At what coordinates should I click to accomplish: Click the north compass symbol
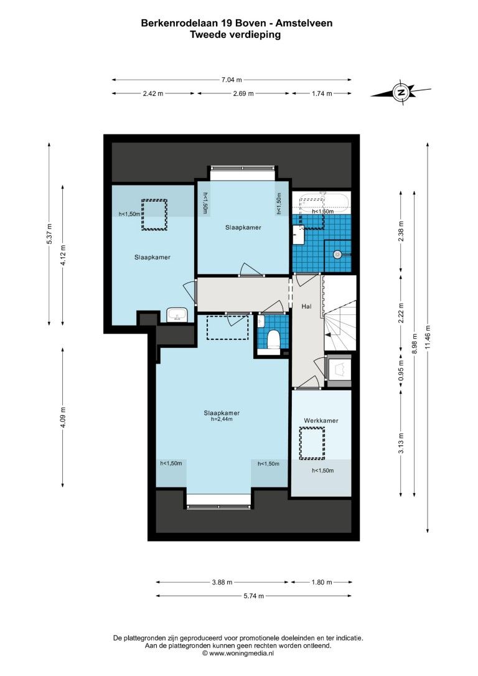(x=401, y=92)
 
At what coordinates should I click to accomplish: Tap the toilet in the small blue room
(x=273, y=339)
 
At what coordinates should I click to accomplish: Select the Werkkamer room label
(x=321, y=420)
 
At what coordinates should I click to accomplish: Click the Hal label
(x=307, y=306)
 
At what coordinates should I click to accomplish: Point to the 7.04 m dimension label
(x=232, y=79)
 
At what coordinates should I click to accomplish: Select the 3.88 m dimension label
(x=222, y=582)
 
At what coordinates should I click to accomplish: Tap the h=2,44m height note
(x=222, y=419)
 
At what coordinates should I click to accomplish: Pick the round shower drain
(x=337, y=255)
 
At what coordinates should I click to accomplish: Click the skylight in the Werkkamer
(x=312, y=443)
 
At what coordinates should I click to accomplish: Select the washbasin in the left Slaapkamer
(x=177, y=315)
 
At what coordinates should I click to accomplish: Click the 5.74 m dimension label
(x=254, y=596)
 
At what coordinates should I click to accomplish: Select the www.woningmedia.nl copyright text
(x=238, y=654)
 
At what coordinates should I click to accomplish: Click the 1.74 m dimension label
(x=322, y=93)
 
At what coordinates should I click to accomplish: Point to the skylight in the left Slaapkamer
(x=154, y=215)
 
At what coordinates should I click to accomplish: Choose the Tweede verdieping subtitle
(x=236, y=35)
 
